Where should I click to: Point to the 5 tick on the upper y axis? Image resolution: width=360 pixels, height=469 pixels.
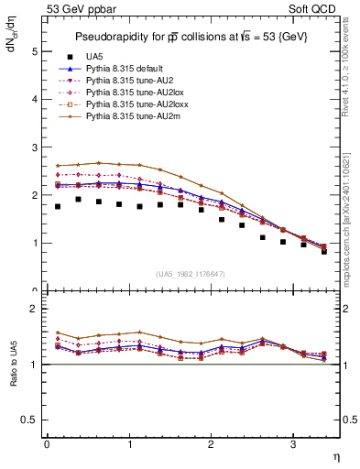pos(35,52)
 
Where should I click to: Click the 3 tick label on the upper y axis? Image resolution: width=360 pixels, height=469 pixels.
pos(35,147)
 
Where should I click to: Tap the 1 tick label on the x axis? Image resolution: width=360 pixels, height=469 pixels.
pos(129,444)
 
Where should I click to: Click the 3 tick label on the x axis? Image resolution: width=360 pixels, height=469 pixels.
pos(293,444)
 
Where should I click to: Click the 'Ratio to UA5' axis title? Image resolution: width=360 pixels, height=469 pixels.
pos(12,364)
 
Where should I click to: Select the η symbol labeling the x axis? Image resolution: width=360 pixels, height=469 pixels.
pos(334,455)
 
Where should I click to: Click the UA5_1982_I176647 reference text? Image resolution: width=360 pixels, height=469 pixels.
pos(192,274)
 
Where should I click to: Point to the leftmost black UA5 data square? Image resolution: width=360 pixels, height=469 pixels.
pos(58,206)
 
